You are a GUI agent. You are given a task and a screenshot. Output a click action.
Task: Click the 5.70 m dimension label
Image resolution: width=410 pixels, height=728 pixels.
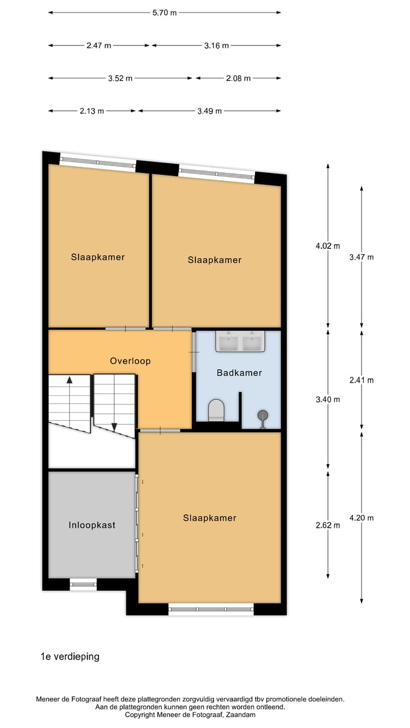165,13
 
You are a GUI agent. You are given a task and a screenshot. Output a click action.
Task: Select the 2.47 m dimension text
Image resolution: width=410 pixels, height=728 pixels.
99,45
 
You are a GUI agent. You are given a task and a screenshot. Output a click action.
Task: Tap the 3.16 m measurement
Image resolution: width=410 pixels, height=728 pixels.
216,45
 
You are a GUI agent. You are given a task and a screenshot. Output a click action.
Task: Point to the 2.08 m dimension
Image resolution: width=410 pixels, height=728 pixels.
239,78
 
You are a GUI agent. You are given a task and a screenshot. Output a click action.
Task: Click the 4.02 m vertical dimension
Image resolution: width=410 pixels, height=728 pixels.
328,246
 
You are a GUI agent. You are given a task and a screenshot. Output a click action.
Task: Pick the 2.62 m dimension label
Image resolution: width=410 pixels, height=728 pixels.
328,525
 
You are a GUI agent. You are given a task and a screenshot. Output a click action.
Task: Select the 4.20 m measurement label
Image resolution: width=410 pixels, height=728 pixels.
362,518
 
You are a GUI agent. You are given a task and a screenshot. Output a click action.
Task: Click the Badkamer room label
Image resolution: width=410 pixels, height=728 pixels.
239,373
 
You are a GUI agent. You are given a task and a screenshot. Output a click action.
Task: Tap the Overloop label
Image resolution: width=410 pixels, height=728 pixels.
130,361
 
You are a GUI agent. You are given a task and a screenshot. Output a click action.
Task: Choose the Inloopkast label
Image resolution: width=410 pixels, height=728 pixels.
92,525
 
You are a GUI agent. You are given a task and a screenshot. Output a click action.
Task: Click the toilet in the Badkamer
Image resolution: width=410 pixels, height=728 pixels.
216,409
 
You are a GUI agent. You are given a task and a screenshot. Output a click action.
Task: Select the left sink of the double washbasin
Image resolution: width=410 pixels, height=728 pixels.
228,343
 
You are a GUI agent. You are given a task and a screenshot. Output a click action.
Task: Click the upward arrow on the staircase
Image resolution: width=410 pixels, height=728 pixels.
69,380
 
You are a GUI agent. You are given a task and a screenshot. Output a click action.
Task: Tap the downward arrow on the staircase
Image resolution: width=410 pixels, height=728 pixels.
114,427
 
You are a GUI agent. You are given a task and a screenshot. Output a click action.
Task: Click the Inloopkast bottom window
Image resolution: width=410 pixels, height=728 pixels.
83,584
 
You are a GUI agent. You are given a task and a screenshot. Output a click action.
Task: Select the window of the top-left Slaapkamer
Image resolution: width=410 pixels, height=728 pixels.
97,162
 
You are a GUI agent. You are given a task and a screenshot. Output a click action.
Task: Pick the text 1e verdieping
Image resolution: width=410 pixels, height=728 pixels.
69,656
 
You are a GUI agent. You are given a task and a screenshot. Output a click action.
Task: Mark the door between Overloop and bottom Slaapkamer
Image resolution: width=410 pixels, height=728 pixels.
160,431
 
